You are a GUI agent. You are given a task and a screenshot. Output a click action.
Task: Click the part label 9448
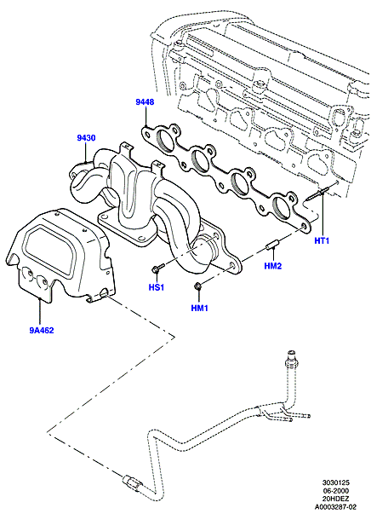[145, 102]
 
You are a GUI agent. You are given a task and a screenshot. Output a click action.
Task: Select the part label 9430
[87, 138]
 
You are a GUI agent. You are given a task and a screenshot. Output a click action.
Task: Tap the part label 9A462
[42, 330]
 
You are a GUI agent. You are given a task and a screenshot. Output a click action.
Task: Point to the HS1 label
[157, 287]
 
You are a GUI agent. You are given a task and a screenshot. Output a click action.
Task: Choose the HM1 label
[200, 308]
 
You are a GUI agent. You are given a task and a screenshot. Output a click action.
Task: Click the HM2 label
[273, 266]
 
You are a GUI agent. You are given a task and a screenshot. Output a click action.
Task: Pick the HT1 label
[322, 240]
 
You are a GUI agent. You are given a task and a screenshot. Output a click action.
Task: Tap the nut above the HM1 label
[198, 286]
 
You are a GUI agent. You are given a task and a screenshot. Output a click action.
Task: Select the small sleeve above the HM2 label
[272, 245]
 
